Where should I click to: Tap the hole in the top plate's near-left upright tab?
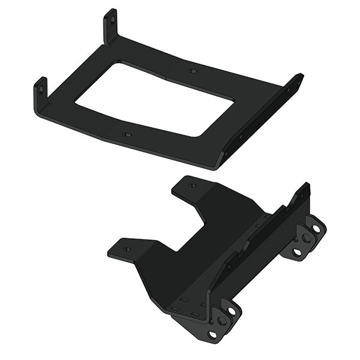click(x=41, y=90)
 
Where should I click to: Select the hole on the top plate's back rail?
click(x=192, y=71)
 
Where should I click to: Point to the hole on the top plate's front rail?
click(x=126, y=135)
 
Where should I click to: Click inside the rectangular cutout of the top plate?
click(x=156, y=100)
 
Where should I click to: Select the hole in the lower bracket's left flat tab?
click(x=126, y=248)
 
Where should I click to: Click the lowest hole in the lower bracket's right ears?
click(x=296, y=252)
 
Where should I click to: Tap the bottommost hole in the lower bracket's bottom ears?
click(x=212, y=334)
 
